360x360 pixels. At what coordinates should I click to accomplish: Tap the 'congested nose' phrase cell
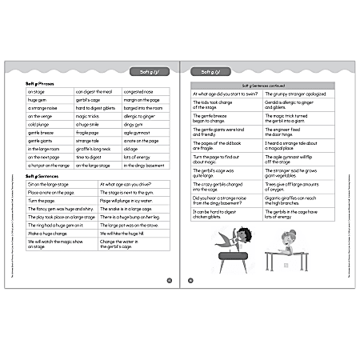[x=140, y=91]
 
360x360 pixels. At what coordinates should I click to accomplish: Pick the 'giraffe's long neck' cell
[x=94, y=149]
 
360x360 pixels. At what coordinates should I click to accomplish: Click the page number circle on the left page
[x=169, y=280]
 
